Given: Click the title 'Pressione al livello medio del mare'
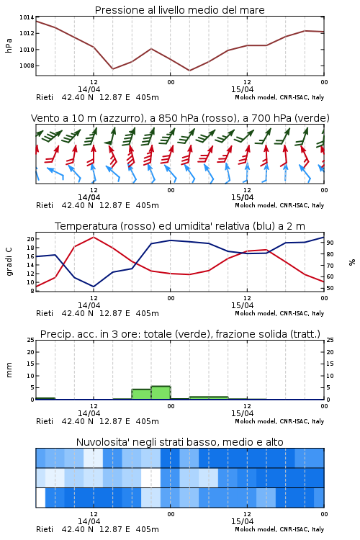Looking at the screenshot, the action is [x=179, y=10].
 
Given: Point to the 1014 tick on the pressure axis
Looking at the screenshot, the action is [x=27, y=17].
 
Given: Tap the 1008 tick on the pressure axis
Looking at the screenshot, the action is [x=27, y=66].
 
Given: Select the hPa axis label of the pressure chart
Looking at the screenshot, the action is [x=9, y=45].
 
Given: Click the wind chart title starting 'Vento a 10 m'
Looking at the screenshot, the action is [x=180, y=118].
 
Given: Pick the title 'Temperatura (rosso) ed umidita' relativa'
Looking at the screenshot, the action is [x=180, y=226].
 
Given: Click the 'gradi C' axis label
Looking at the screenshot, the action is [x=9, y=261].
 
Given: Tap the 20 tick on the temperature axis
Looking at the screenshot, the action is [x=30, y=239].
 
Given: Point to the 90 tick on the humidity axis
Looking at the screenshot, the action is [x=330, y=243].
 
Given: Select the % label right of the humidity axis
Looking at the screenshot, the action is [x=352, y=262].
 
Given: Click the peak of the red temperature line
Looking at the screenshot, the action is [x=94, y=237].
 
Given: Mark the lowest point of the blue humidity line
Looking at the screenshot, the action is [x=94, y=287].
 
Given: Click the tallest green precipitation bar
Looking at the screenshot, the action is [x=161, y=392].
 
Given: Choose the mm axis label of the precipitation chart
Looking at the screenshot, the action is [x=9, y=369].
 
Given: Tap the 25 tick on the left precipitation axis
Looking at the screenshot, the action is [x=30, y=340].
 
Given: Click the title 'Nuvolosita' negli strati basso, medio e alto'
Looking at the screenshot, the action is [x=179, y=442].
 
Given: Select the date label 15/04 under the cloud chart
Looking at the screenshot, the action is [x=242, y=521].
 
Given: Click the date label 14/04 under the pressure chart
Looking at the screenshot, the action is [x=89, y=89].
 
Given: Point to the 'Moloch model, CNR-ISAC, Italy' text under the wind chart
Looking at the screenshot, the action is [x=279, y=205].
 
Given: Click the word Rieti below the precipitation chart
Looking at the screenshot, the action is [x=45, y=421].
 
